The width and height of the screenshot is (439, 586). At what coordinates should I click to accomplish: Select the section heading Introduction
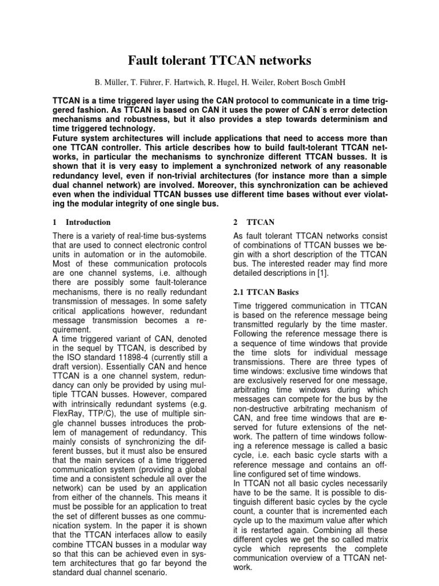pos(88,222)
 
